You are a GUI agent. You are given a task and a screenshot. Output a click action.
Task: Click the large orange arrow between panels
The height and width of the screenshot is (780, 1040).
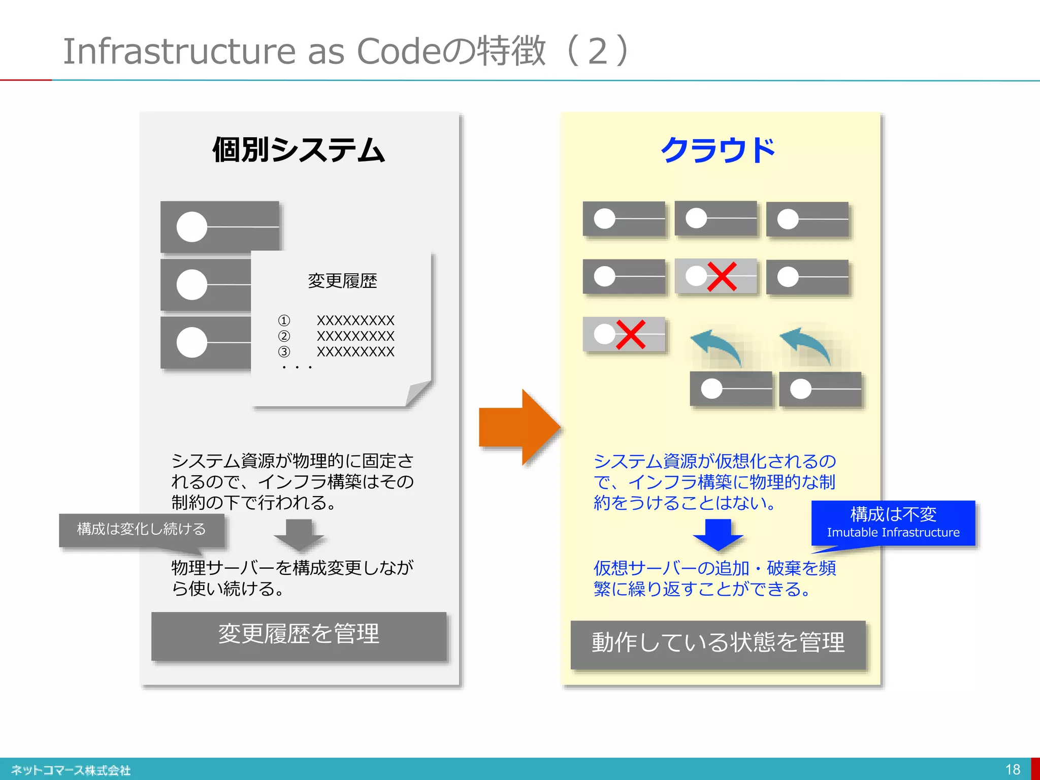coord(518,428)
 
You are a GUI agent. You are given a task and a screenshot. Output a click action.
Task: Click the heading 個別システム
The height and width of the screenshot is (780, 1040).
coord(299,150)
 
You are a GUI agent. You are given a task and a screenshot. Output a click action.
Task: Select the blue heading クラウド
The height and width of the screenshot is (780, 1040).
coord(718,150)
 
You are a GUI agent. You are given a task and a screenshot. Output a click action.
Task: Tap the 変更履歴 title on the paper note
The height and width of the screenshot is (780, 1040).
coord(342,281)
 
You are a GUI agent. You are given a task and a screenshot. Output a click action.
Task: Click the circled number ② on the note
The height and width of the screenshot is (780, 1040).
coord(284,336)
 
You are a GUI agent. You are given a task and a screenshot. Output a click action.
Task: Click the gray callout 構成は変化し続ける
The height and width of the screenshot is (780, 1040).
coord(141,529)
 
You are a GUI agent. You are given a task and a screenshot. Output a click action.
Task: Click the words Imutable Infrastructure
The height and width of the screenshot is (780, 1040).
coord(893,533)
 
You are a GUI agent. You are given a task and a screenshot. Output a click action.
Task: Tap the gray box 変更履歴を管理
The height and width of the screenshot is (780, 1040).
coord(299,635)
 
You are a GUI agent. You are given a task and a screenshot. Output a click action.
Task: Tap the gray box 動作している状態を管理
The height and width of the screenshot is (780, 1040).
coord(718,643)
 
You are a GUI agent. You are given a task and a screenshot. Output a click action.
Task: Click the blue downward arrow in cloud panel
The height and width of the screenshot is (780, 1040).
coord(718,535)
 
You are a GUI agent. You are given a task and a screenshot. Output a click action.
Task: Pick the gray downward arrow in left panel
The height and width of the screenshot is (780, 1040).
coord(299,535)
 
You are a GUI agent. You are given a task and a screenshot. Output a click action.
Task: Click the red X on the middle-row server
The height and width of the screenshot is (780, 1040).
coord(722,277)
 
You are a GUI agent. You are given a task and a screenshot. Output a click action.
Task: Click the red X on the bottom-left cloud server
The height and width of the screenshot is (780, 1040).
coord(630,335)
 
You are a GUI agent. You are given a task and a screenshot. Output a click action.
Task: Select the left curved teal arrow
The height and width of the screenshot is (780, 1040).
coord(718,347)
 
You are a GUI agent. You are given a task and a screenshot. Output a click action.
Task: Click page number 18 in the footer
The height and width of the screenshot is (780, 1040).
coord(1012,769)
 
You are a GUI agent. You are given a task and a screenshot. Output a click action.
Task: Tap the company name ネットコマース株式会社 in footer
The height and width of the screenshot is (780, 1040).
coord(71,770)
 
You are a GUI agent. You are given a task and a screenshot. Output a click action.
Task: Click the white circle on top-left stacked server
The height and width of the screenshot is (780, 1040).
coord(191,226)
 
